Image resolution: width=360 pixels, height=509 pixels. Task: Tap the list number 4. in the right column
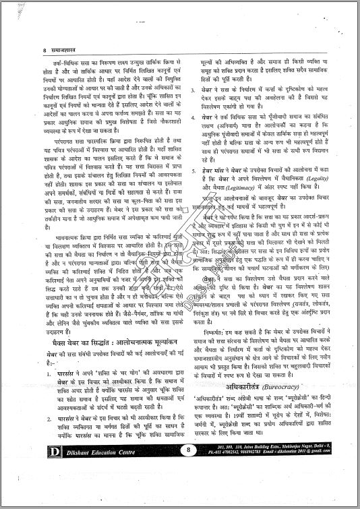click(x=194, y=136)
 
